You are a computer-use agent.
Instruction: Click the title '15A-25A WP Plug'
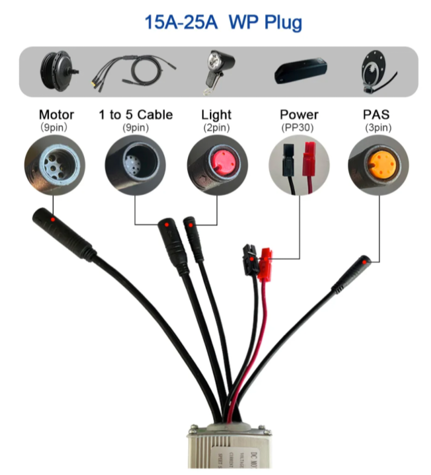click(223, 23)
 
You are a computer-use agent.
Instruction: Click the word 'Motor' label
click(56, 114)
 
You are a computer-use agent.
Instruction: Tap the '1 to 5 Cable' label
click(136, 114)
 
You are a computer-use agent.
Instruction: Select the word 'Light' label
click(217, 114)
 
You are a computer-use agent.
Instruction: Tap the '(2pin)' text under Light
click(217, 127)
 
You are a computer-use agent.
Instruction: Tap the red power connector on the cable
click(266, 264)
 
